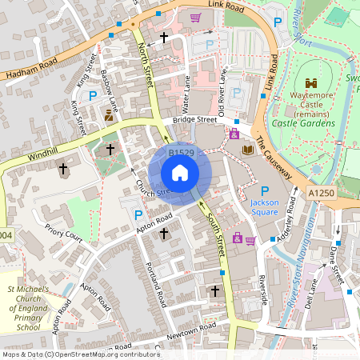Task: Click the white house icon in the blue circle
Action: (180, 173)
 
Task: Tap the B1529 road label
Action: (182, 151)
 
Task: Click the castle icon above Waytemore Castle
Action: (310, 82)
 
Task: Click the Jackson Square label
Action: (264, 208)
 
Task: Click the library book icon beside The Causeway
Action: (247, 150)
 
